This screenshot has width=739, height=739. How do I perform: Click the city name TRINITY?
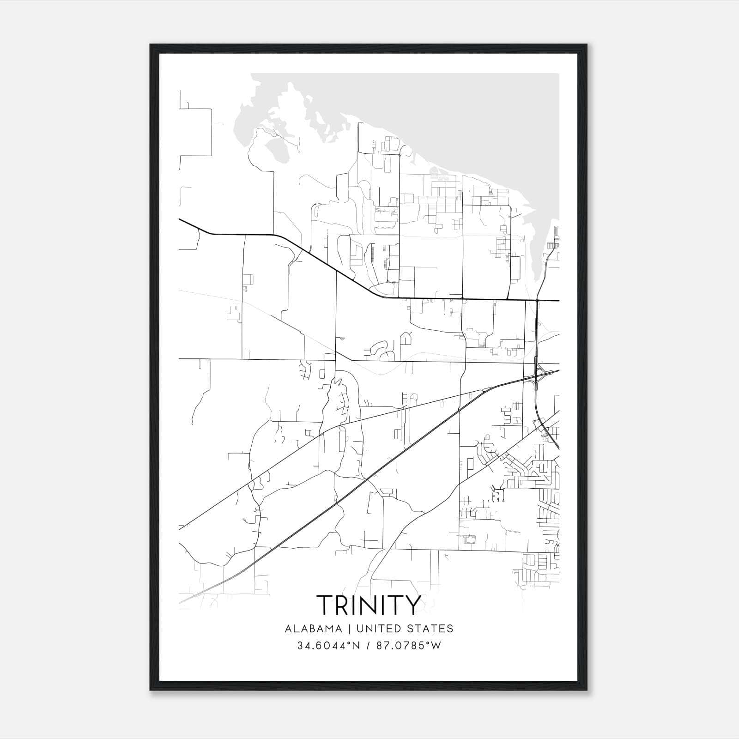(369, 605)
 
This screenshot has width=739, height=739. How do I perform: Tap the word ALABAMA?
(314, 629)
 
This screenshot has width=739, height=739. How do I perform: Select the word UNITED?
(378, 629)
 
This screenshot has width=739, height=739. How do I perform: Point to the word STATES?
(430, 629)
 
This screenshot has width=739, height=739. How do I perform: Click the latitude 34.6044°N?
(328, 646)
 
